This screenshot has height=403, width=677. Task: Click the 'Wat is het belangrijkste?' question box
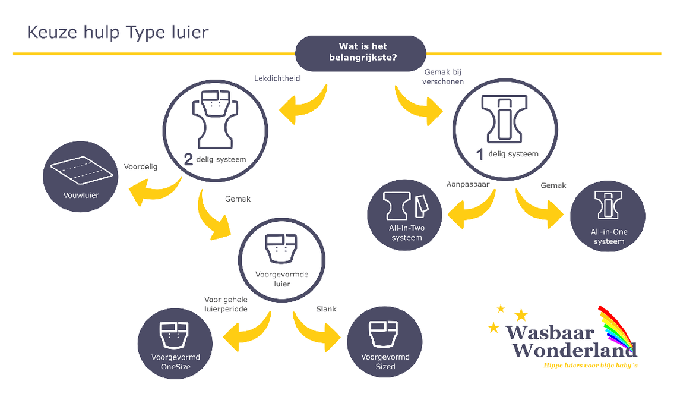point(360,53)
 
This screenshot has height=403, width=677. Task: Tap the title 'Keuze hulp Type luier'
point(118,33)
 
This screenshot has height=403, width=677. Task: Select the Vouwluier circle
point(80,177)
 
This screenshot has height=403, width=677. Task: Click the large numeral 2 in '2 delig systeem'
point(188,159)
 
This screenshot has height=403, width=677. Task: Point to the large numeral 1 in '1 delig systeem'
point(480,154)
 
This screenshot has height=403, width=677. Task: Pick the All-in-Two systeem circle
point(405,215)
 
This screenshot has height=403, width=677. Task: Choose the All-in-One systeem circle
point(608,216)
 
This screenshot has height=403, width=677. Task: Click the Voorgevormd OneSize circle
point(175,344)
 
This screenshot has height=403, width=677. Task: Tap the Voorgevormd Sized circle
point(385,342)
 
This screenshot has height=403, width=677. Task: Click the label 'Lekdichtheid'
point(277,78)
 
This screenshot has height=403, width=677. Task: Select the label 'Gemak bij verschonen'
point(443,77)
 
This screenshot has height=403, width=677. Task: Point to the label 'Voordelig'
point(141,167)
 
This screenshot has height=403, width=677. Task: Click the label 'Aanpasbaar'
point(468,184)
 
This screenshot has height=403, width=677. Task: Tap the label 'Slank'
point(327,309)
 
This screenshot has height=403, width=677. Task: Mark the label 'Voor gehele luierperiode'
point(226,304)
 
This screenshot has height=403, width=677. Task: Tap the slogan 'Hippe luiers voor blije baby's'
point(590,366)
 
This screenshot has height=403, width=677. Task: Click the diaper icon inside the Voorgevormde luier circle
point(281,248)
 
